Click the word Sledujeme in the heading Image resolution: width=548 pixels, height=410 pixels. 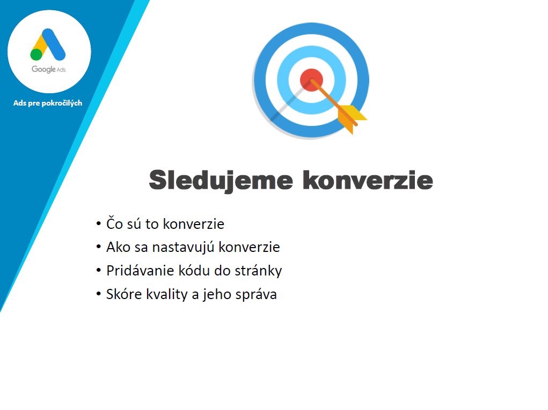click(221, 181)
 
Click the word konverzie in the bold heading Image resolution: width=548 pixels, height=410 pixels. click(368, 180)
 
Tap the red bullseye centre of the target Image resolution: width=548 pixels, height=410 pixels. click(311, 80)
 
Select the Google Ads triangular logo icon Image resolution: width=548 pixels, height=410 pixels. click(48, 44)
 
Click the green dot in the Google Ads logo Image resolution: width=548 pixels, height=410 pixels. click(36, 55)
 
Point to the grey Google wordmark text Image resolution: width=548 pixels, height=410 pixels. click(43, 69)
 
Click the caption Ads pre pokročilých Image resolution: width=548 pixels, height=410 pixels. click(48, 103)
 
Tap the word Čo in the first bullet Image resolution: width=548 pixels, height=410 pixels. click(114, 223)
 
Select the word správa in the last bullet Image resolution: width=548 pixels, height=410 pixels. click(256, 295)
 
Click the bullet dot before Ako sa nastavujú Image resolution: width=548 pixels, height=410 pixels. click(99, 247)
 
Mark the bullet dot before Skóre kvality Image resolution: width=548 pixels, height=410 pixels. click(99, 294)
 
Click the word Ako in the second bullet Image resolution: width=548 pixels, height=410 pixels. click(118, 247)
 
